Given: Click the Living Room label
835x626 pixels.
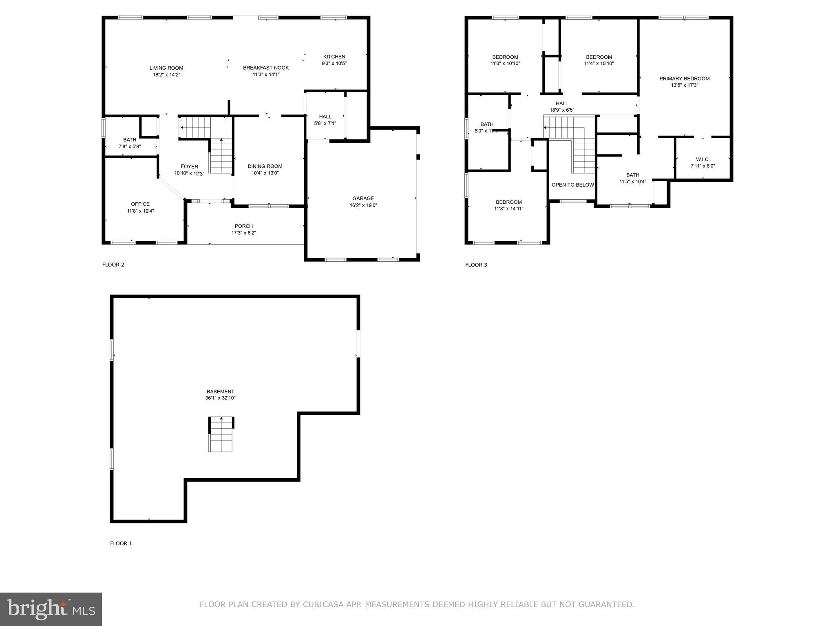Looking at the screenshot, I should click(x=166, y=68).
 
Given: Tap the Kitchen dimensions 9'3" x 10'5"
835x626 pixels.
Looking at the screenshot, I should click(x=334, y=64).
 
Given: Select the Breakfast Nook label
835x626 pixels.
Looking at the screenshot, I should click(x=266, y=68).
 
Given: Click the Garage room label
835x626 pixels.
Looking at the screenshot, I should click(x=363, y=198).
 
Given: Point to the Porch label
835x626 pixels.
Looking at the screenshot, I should click(x=243, y=226).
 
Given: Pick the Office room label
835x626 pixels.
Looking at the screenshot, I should click(x=140, y=204).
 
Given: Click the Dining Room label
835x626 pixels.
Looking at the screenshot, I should click(x=265, y=166).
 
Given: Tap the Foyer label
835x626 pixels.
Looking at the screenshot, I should click(x=189, y=167).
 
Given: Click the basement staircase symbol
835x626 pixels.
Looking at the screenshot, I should click(x=221, y=434).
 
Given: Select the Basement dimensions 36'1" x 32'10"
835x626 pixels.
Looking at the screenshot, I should click(x=220, y=398).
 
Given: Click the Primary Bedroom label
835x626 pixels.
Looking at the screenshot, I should click(x=684, y=79).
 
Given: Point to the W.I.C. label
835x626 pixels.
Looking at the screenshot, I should click(x=702, y=159).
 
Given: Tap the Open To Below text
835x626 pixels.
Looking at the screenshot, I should click(x=572, y=185).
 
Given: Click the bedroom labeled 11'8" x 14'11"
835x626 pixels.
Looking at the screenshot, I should click(x=509, y=205).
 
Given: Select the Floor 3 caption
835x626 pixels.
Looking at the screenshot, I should click(x=476, y=265).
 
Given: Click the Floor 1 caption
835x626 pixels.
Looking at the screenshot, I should click(x=121, y=543).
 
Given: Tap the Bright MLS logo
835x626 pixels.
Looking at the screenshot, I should click(x=51, y=609).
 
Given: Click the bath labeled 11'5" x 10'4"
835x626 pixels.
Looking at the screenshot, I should click(x=633, y=179).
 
